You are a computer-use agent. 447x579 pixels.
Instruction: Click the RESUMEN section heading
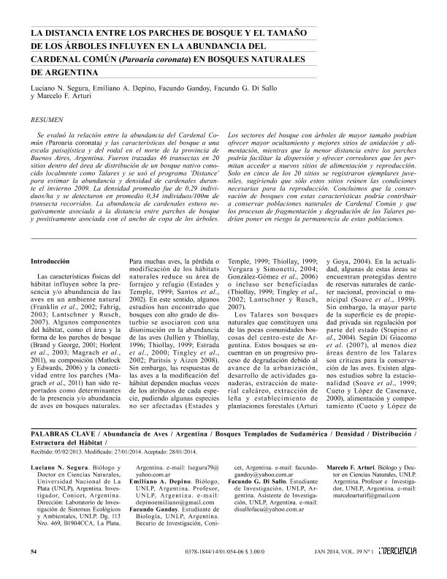click(x=44, y=118)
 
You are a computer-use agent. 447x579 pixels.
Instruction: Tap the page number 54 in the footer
click(x=34, y=550)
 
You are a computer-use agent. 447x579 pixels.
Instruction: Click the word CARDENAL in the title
click(x=61, y=58)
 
